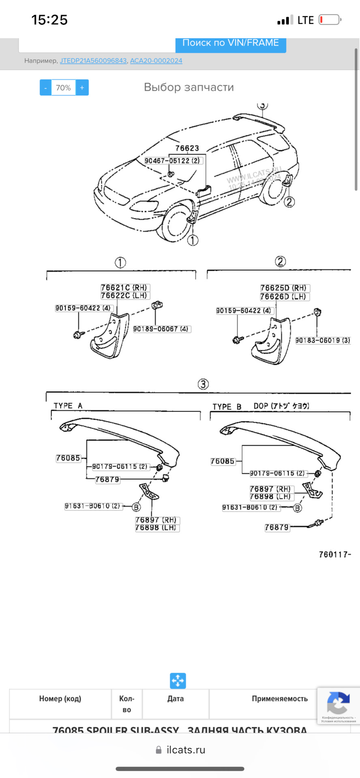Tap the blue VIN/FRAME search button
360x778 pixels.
[x=230, y=43]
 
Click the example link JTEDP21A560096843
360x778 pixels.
[x=93, y=61]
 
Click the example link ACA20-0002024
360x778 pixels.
[x=156, y=61]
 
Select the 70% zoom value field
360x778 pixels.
[x=63, y=88]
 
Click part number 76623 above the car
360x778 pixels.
[x=187, y=148]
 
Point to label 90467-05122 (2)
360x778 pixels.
[x=172, y=161]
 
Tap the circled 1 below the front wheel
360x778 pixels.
[x=193, y=240]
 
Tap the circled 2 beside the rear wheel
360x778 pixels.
[x=289, y=201]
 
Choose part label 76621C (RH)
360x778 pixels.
[x=124, y=288]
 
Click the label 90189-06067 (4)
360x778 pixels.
[x=161, y=329]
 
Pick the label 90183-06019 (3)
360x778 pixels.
[x=322, y=340]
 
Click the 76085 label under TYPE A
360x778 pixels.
[x=68, y=458]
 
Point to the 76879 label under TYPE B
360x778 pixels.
[x=277, y=528]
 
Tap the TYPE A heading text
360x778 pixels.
[x=68, y=406]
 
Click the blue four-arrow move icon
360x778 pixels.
[x=178, y=681]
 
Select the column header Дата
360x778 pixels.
[x=176, y=699]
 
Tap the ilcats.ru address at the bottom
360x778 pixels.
[x=186, y=750]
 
